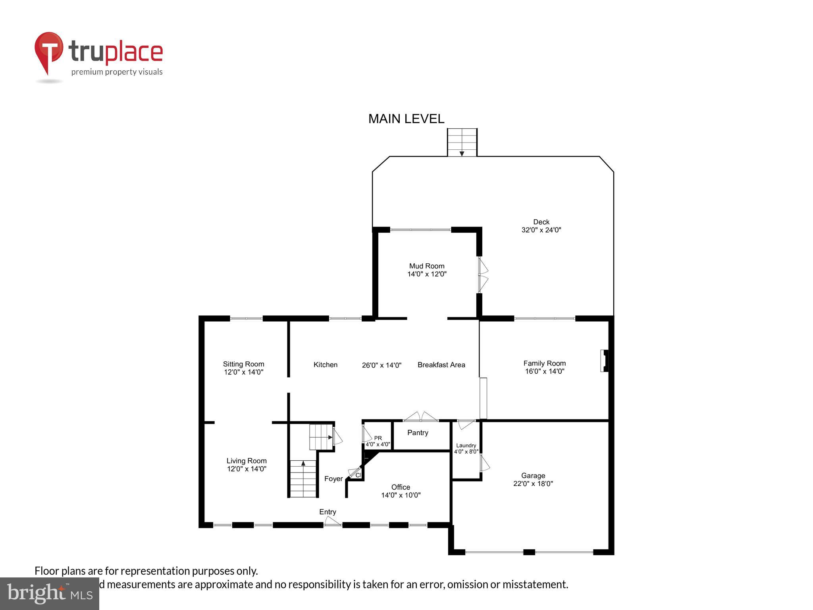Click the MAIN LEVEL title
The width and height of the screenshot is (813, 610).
pos(406,119)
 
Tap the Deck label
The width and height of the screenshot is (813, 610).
pos(541,222)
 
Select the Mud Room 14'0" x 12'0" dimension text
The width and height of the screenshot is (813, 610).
pos(427,274)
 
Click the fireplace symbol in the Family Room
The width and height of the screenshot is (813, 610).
pos(604,361)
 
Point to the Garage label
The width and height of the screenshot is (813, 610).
pos(533,475)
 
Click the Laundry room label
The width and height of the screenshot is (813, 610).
pos(466,446)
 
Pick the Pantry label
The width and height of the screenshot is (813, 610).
pos(418,432)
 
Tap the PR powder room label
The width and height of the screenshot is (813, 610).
pos(378,438)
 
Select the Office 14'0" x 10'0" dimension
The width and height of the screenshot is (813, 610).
pos(401,495)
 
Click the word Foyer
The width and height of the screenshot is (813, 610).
pos(333,479)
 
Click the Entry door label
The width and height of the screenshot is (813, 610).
pos(328,512)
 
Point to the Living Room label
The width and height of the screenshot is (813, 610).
pos(246,461)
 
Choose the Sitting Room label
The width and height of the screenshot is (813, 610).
pos(243,364)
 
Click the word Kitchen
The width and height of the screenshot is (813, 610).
pos(325,365)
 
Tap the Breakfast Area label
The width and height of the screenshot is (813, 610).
pos(441,365)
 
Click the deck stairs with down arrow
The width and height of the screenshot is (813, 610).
pos(462,142)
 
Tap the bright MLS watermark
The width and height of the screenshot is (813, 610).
pos(49,593)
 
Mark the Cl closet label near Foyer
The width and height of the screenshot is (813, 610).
pos(358,475)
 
